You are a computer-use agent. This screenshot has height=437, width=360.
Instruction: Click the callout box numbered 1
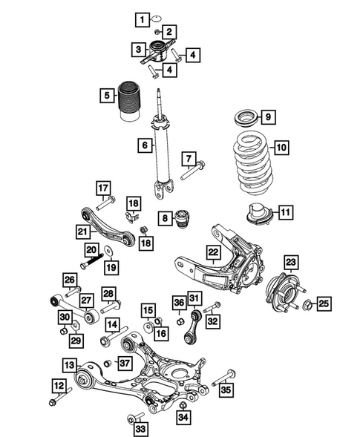click(x=140, y=16)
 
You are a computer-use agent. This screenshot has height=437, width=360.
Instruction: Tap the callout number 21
click(x=83, y=232)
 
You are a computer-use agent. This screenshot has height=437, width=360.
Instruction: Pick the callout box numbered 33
click(x=140, y=427)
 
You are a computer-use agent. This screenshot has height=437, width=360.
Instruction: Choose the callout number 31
click(x=194, y=298)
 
